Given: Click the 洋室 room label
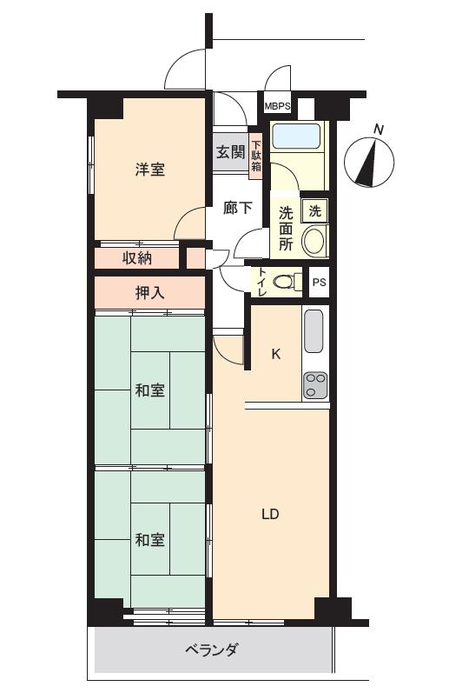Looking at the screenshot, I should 149,170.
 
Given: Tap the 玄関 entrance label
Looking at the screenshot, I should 229,152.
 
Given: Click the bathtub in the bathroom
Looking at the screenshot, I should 297,137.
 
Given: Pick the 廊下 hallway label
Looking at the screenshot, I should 237,208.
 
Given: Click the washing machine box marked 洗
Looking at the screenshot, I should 314,210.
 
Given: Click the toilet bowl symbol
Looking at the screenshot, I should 284,282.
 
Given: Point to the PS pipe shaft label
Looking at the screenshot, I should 320,282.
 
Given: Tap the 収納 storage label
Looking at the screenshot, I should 137,257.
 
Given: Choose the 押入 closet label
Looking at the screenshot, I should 149,293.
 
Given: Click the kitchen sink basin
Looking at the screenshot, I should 314,330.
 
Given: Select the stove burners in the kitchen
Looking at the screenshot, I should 314,385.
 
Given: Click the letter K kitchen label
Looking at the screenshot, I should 276,354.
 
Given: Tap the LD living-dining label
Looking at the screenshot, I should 269,513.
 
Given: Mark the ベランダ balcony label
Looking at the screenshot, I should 211,650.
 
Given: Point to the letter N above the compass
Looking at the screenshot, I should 378,130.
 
